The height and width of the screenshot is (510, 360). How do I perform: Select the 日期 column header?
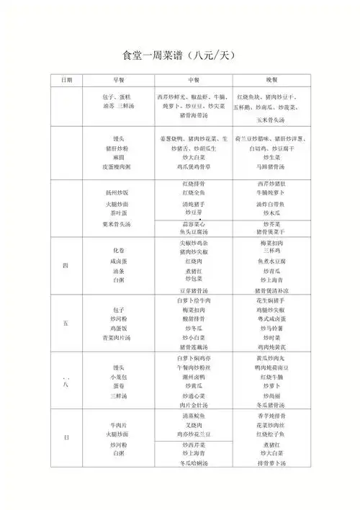pos(66,79)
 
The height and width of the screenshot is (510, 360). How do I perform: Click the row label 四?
pos(66,265)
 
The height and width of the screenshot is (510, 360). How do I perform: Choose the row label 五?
pos(66,324)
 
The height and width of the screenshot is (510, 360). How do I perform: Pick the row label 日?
pos(66,437)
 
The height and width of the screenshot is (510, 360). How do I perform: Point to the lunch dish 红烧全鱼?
pos(194,193)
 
